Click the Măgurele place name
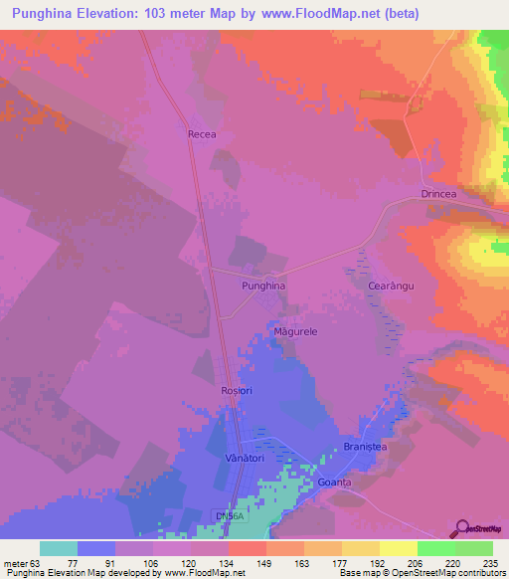coord(294,331)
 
